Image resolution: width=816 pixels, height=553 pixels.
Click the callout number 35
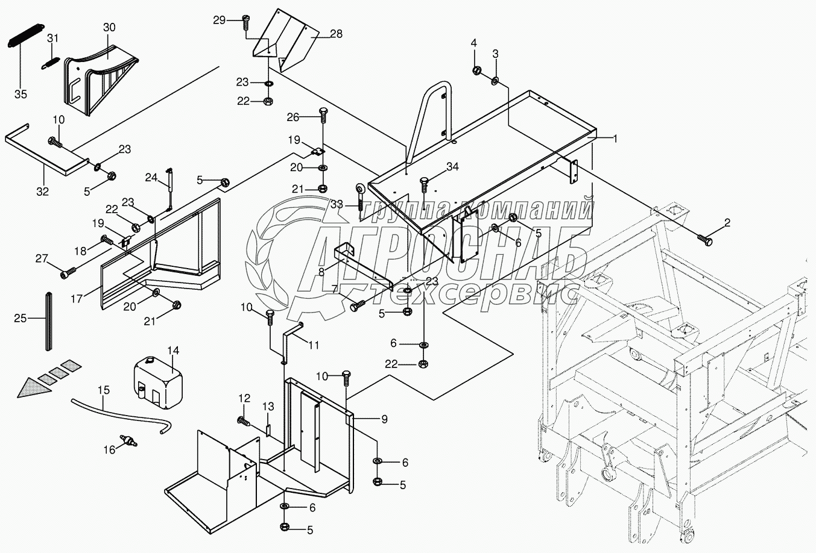point(21,95)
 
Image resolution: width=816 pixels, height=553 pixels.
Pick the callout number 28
point(335,34)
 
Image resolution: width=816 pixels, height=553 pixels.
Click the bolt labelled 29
point(245,21)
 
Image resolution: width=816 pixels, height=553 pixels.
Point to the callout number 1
point(615,139)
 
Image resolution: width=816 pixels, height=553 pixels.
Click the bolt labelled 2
point(704,239)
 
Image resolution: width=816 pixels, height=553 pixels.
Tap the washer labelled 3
point(495,80)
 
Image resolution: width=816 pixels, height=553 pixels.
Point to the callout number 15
point(104,390)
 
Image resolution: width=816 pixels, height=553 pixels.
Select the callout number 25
point(21,318)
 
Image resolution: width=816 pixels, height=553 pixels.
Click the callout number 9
point(384,418)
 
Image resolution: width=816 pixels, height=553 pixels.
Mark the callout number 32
point(42,191)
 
